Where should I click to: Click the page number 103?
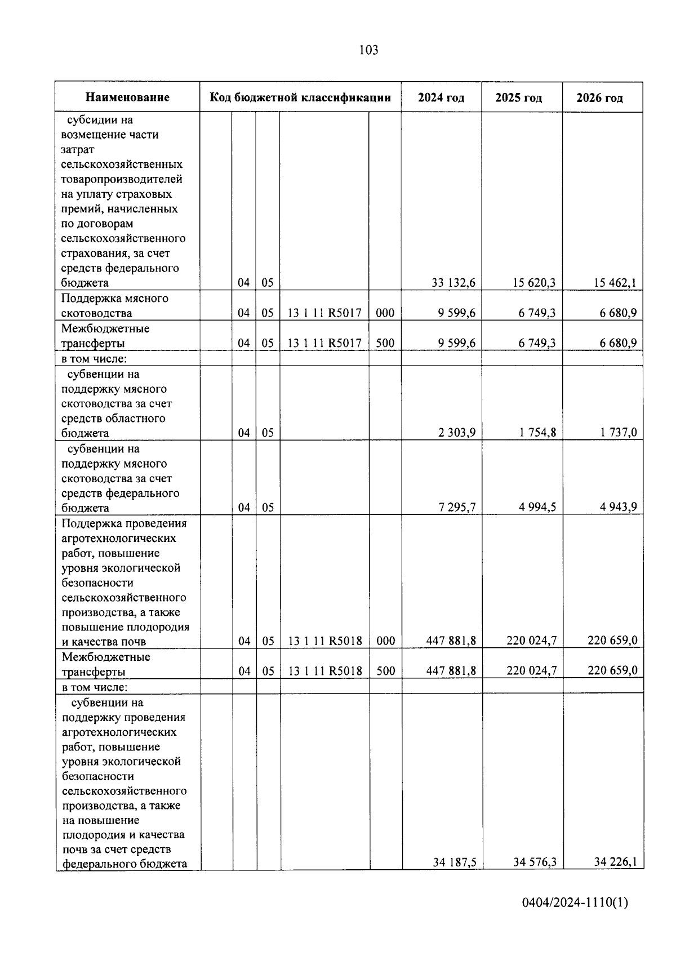pyautogui.click(x=368, y=50)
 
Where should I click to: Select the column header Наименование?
pyautogui.click(x=127, y=97)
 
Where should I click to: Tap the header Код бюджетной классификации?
pyautogui.click(x=300, y=97)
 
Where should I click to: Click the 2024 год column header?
pyautogui.click(x=441, y=97)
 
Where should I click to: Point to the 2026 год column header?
pyautogui.click(x=599, y=98)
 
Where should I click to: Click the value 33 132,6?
pyautogui.click(x=453, y=283)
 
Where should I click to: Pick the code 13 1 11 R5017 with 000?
pyautogui.click(x=324, y=313)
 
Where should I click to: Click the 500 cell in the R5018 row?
pyautogui.click(x=385, y=671)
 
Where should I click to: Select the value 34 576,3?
pyautogui.click(x=535, y=862)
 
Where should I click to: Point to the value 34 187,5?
pyautogui.click(x=455, y=862)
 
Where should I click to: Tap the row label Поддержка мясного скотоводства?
pyautogui.click(x=115, y=305)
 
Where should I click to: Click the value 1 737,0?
pyautogui.click(x=618, y=433)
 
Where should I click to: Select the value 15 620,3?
pyautogui.click(x=534, y=283)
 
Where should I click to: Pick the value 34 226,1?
pyautogui.click(x=615, y=862)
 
